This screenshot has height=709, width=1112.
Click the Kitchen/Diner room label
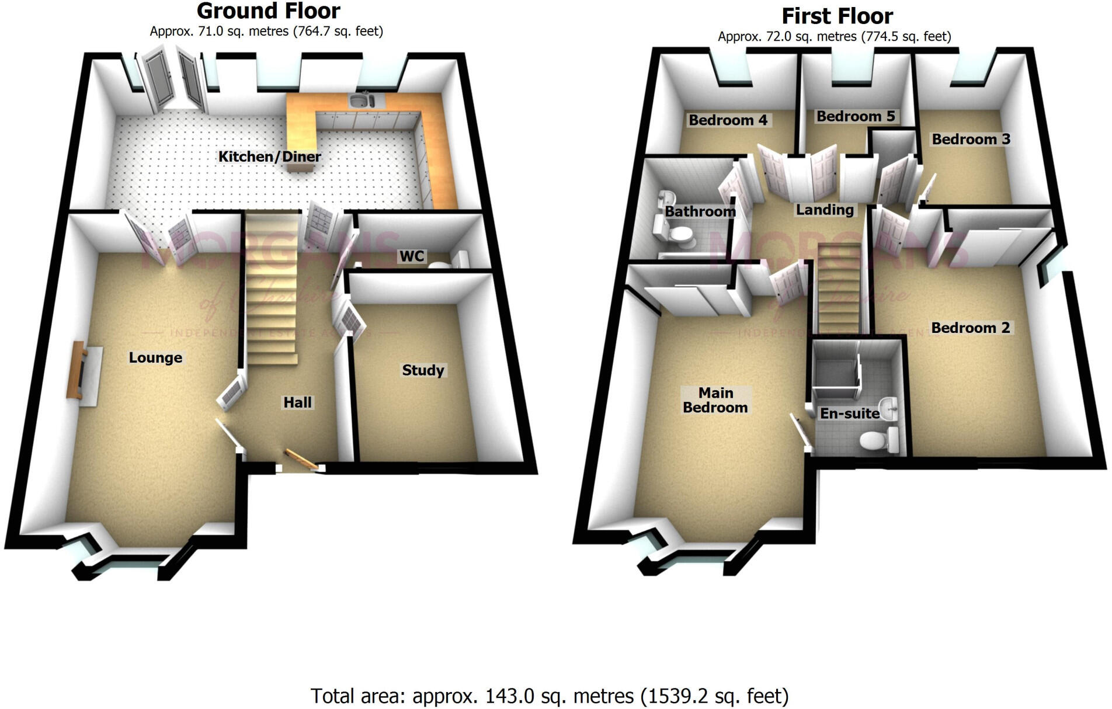269,157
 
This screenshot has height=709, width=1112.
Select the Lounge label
155,357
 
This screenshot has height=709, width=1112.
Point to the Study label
423,370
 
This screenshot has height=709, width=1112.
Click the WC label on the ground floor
412,256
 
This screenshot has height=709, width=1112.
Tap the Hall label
298,402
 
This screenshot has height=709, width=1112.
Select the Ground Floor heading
268,11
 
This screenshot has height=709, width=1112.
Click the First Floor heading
837,16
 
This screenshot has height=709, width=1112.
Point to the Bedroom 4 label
728,120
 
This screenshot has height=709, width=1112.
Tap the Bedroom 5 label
855,116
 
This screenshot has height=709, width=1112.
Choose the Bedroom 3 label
971,139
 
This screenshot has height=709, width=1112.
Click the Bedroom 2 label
970,328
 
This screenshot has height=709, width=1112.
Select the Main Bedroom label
715,400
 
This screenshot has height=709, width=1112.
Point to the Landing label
825,210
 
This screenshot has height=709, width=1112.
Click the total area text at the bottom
550,696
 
